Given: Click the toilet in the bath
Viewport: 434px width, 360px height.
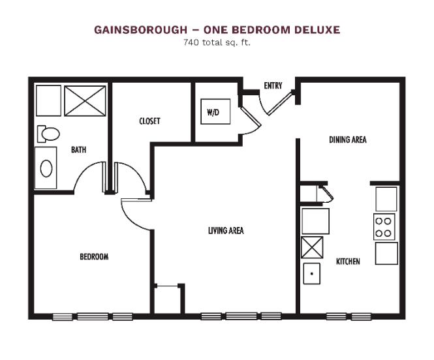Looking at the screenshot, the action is pyautogui.click(x=48, y=134).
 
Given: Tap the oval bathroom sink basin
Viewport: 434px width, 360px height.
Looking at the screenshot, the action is pyautogui.click(x=46, y=168).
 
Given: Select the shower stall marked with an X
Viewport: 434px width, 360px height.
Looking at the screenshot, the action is pyautogui.click(x=85, y=101).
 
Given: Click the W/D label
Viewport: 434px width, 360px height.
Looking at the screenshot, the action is pyautogui.click(x=213, y=112).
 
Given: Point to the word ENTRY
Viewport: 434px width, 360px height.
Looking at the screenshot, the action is pyautogui.click(x=273, y=85).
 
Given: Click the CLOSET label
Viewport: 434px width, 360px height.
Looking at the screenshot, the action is pyautogui.click(x=149, y=121).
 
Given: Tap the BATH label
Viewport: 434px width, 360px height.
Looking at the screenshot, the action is pyautogui.click(x=78, y=150).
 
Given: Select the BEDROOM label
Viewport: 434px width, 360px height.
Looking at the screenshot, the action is pyautogui.click(x=94, y=257).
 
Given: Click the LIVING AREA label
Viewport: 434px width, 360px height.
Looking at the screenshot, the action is pyautogui.click(x=226, y=231).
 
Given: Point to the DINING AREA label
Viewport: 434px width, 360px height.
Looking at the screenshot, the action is pyautogui.click(x=348, y=140).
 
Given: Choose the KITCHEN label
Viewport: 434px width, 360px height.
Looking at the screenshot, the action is pyautogui.click(x=348, y=262).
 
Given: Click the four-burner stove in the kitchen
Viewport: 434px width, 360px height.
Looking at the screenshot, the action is pyautogui.click(x=384, y=227).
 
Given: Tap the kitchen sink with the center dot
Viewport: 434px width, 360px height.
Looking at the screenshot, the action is pyautogui.click(x=312, y=274).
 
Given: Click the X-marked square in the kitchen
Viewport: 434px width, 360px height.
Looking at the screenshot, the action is pyautogui.click(x=312, y=247).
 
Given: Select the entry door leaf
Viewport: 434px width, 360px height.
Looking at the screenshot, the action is pyautogui.click(x=279, y=104).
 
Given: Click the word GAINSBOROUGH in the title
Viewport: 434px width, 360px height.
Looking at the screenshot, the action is pyautogui.click(x=140, y=30).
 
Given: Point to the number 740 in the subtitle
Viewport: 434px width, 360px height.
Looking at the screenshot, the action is pyautogui.click(x=191, y=42).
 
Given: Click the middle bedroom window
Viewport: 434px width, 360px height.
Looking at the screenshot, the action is pyautogui.click(x=93, y=316).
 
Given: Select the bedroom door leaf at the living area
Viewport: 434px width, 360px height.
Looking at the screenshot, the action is pyautogui.click(x=136, y=200).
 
